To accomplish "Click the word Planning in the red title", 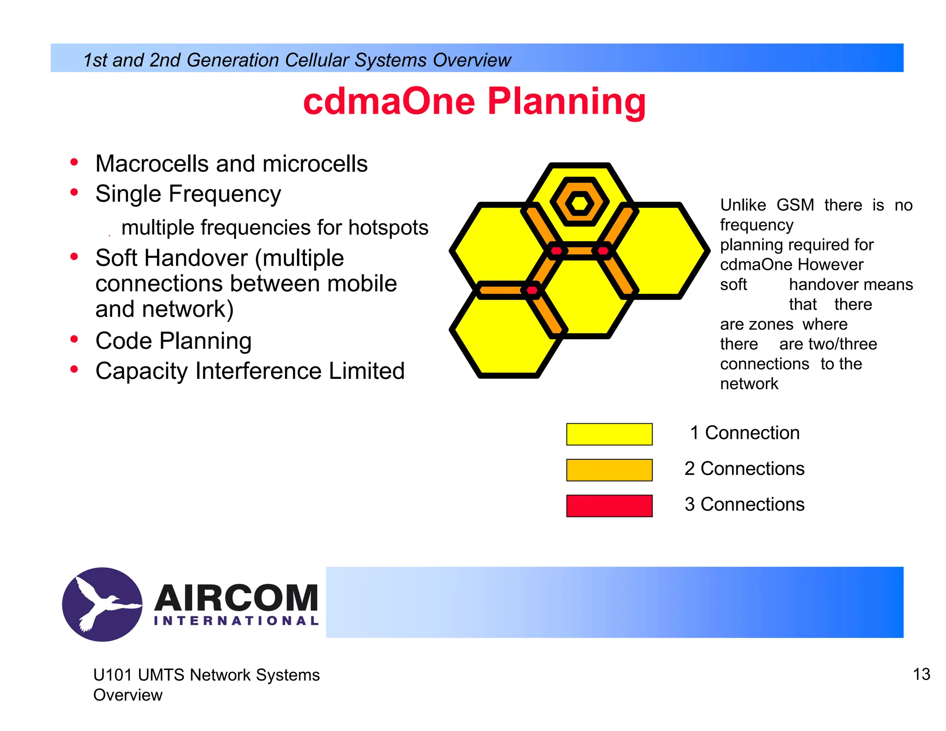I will click(x=566, y=102).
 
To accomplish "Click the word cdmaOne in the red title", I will click(x=389, y=102).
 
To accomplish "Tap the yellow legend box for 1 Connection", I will click(x=609, y=434).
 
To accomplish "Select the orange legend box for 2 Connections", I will click(x=609, y=469).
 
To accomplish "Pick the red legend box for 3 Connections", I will click(x=609, y=506).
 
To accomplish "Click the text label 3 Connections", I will click(x=744, y=504).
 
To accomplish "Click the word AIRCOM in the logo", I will click(x=236, y=597).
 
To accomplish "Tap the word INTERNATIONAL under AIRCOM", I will click(x=236, y=621).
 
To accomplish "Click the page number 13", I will click(x=921, y=674).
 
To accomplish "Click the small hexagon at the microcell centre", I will click(x=579, y=203).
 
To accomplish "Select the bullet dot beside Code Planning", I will click(x=74, y=340).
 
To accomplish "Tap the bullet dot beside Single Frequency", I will click(x=74, y=192).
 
